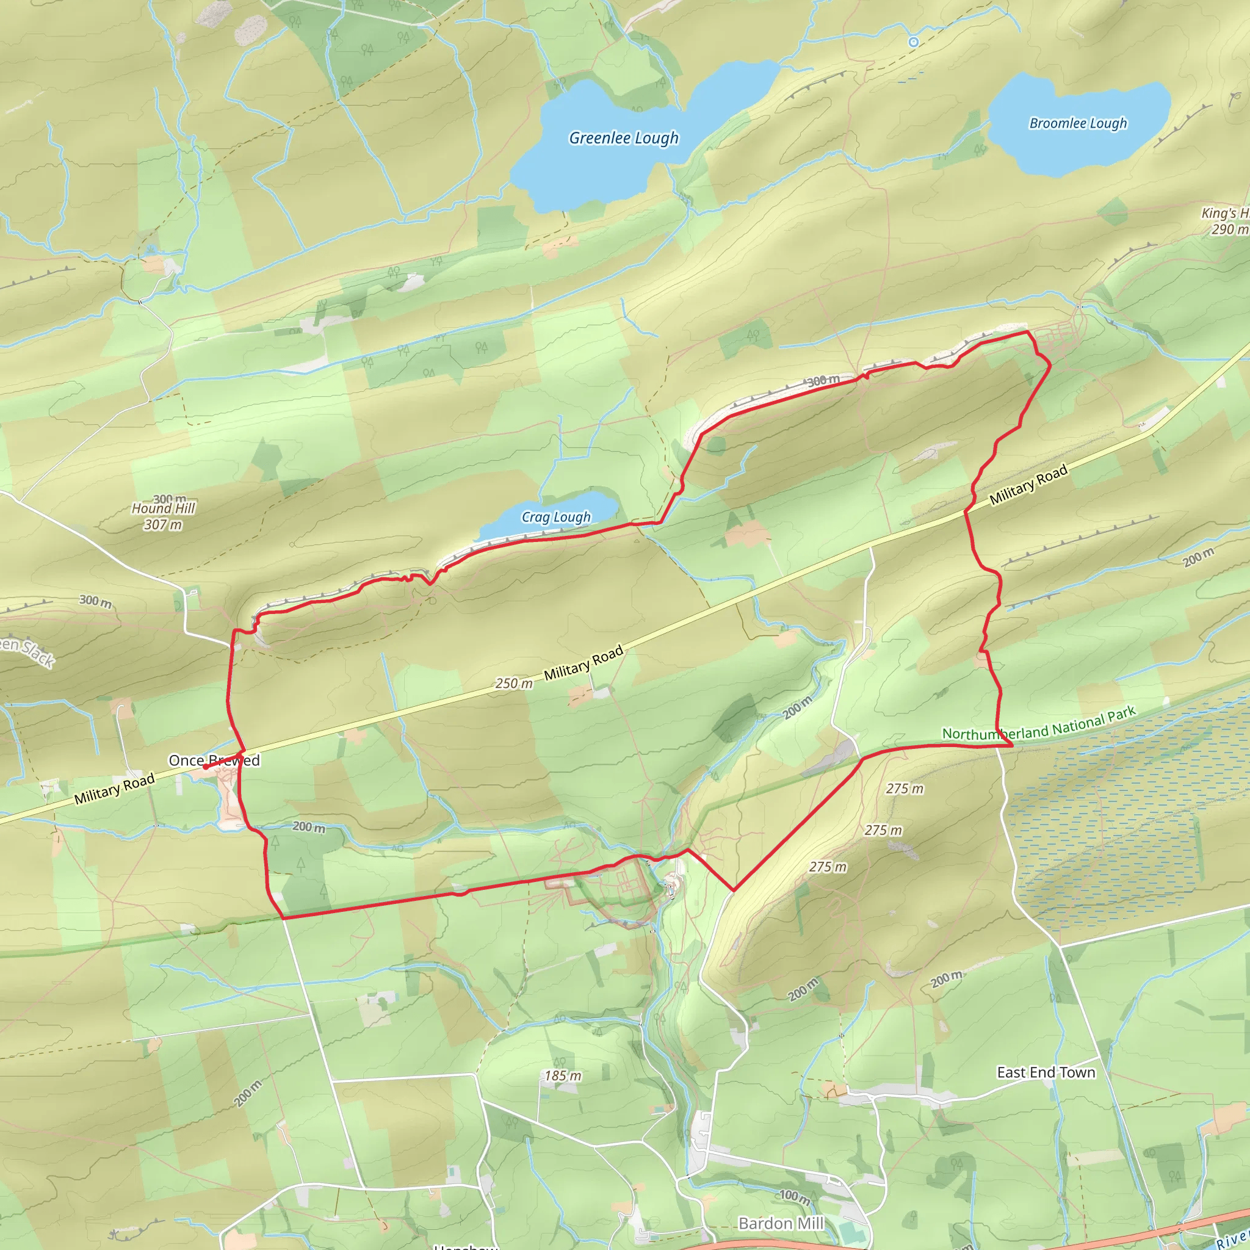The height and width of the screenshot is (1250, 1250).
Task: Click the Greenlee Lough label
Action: (x=624, y=138)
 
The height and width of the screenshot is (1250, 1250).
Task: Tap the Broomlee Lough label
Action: (x=1078, y=123)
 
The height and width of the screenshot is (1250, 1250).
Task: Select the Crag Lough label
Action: (x=556, y=517)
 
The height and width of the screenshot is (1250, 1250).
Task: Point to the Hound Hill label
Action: (x=163, y=508)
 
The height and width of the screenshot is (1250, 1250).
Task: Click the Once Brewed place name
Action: (x=214, y=761)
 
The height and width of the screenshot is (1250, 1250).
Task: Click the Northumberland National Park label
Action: (x=1038, y=724)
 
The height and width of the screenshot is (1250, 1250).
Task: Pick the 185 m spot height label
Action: (x=562, y=1076)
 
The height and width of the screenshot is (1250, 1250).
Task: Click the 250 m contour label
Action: (x=515, y=684)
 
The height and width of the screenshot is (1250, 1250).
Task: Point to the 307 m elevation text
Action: (x=162, y=525)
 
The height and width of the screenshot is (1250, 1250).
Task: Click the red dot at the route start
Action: (x=206, y=767)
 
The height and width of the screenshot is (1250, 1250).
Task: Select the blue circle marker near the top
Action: (x=914, y=42)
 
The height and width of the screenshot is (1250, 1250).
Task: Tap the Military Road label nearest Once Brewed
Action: (x=115, y=789)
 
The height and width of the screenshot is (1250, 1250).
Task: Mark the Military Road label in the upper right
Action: (x=1028, y=485)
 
